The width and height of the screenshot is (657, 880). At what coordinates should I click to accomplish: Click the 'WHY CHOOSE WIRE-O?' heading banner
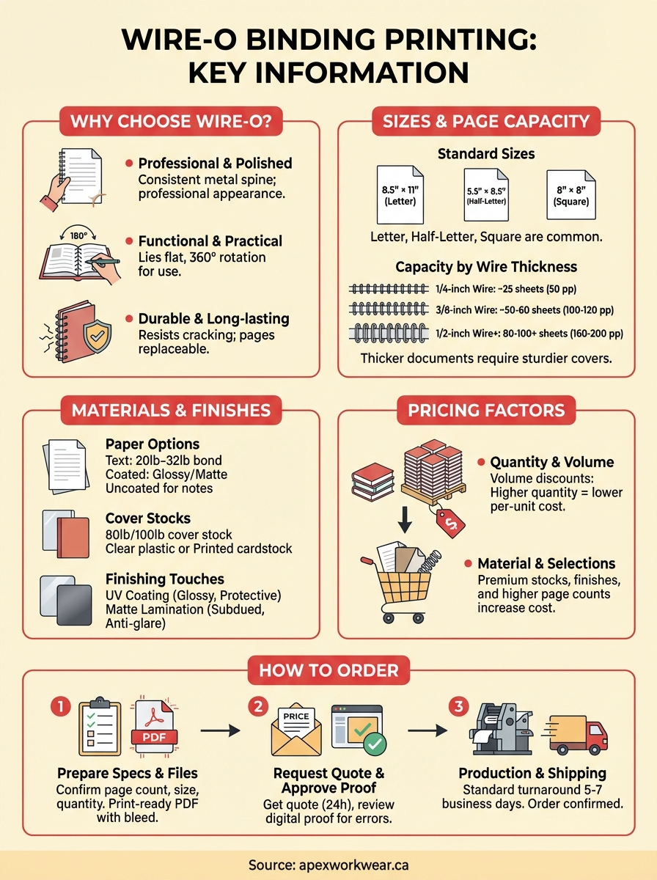pos(171,121)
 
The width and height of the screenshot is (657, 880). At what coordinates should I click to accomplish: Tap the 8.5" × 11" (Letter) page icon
pos(400,194)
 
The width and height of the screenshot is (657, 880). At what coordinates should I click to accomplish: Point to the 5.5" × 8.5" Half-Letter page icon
pos(487,195)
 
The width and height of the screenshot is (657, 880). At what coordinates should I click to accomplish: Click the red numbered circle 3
pos(458,707)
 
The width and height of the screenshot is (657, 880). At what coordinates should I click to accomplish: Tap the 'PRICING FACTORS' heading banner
pos(487,411)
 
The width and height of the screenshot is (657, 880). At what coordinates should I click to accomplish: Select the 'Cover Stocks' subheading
pos(148,518)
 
